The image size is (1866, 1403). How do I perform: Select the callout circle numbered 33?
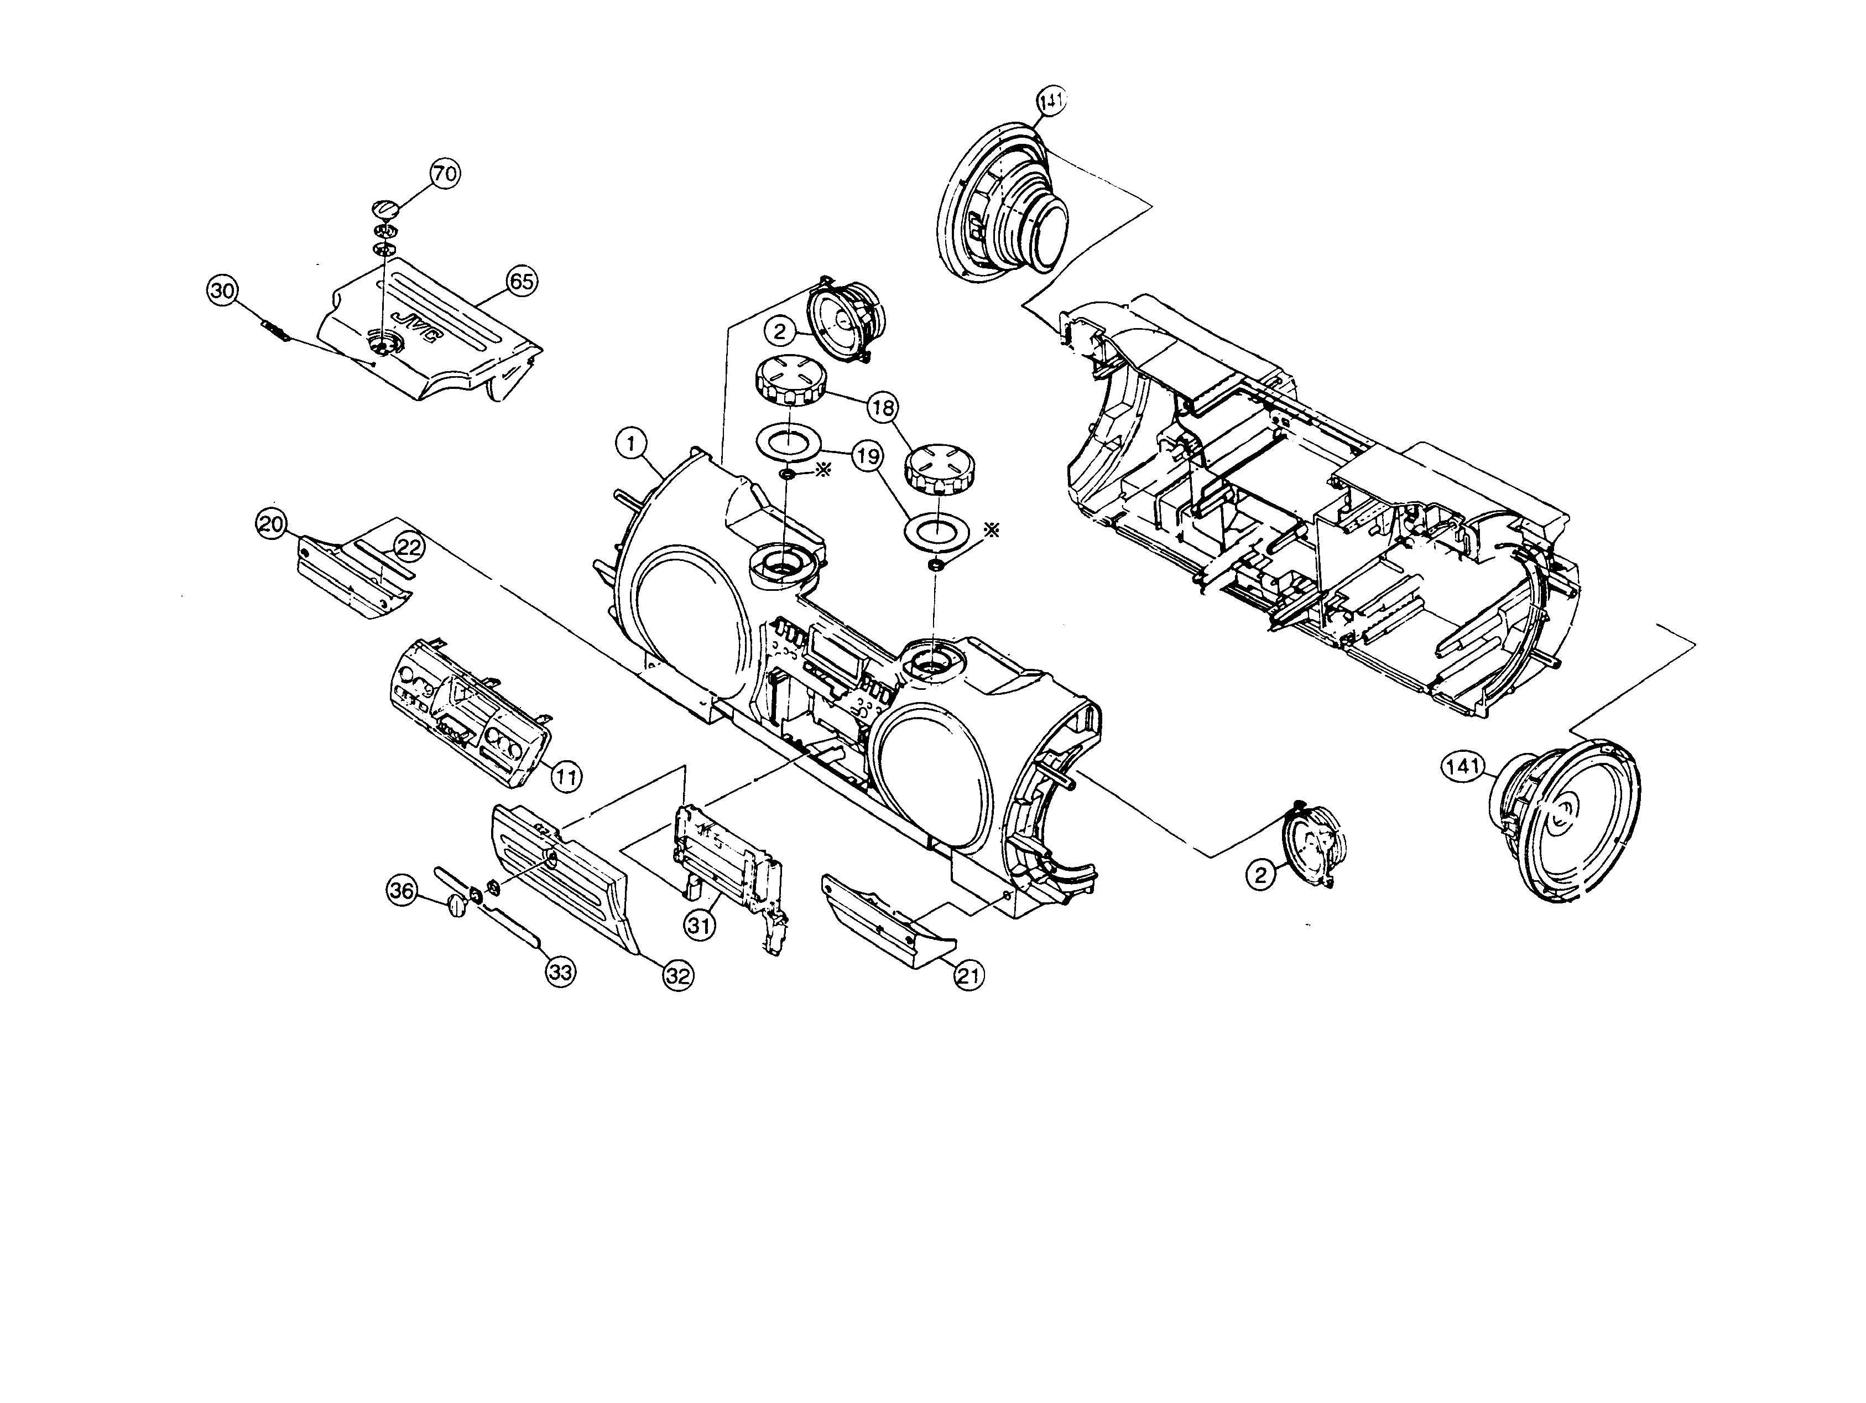coord(561,972)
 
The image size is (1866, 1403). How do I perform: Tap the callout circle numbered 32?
coord(677,976)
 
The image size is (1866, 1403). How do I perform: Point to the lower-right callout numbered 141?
coord(1462,766)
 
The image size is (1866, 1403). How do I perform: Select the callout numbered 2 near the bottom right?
coord(1260,875)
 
